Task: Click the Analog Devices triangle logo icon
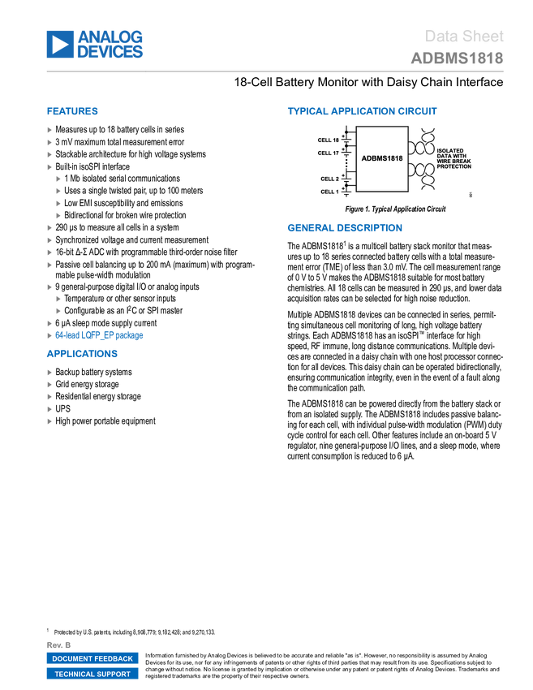point(60,44)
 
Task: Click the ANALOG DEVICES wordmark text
point(110,44)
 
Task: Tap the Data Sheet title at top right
point(465,36)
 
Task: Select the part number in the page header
point(457,58)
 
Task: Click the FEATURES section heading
point(72,112)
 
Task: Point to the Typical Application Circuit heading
point(362,112)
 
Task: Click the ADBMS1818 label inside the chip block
point(382,158)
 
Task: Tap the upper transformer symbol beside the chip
point(424,143)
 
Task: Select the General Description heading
point(344,228)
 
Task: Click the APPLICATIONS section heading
point(82,354)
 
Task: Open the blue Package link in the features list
point(99,335)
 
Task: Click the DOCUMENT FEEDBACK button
point(92,658)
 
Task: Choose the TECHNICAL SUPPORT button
point(92,674)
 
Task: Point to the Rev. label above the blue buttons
point(59,645)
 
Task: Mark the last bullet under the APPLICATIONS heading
point(49,422)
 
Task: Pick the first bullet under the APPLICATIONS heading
point(49,373)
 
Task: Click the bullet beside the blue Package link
point(49,335)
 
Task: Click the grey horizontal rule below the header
point(275,71)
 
